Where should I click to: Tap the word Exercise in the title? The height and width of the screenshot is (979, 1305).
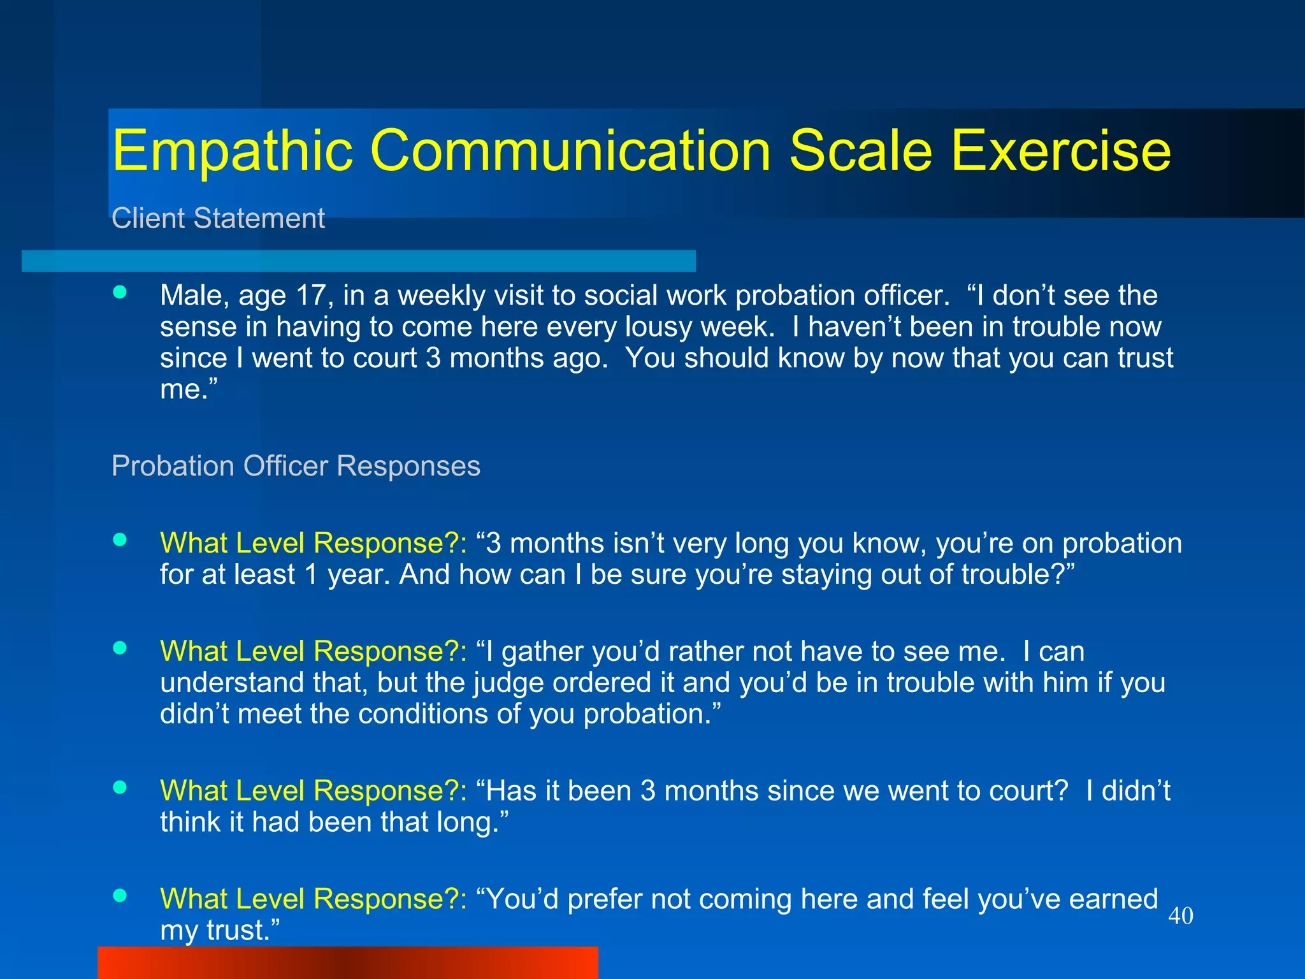tap(1060, 150)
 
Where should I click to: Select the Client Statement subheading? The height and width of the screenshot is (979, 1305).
tap(218, 219)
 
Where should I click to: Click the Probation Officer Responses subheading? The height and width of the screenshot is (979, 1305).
tap(296, 466)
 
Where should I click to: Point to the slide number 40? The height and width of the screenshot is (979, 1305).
tap(1180, 916)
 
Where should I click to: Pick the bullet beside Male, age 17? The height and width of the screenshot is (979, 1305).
tap(120, 293)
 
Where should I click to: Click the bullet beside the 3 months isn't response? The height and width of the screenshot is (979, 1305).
tap(120, 540)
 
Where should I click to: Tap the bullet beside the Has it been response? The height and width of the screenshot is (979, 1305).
tap(120, 787)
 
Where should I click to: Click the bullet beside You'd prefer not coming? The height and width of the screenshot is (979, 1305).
tap(120, 896)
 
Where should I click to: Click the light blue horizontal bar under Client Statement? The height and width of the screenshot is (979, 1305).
tap(358, 261)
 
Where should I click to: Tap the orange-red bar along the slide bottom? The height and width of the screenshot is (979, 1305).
tap(347, 962)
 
